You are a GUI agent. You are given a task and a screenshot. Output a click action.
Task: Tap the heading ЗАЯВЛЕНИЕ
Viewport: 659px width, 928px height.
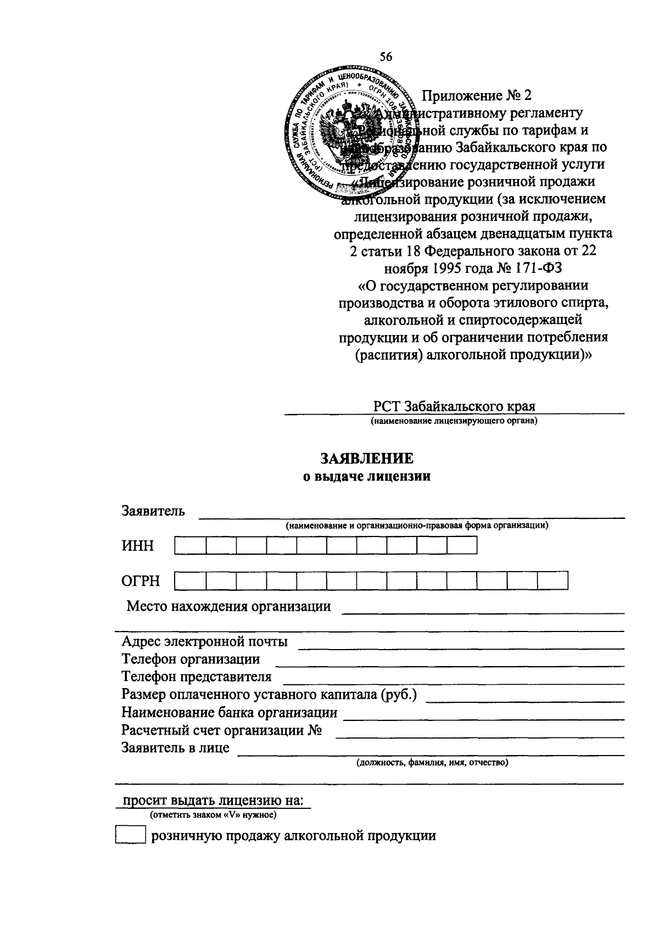tap(367, 459)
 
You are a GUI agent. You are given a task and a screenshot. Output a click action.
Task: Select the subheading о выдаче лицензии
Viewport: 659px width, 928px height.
tap(367, 477)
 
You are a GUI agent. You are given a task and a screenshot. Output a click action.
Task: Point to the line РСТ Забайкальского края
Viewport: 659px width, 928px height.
tap(454, 406)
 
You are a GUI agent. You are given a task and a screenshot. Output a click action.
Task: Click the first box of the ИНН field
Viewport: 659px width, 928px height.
tap(190, 545)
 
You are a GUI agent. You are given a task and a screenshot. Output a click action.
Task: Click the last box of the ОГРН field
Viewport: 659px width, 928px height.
tap(552, 581)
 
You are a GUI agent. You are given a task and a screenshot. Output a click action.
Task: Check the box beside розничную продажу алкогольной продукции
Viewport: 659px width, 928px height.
tap(130, 836)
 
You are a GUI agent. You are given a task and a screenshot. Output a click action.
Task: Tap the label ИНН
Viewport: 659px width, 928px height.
tap(138, 546)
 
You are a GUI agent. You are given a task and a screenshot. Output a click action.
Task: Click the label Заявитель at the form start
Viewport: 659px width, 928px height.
tap(153, 511)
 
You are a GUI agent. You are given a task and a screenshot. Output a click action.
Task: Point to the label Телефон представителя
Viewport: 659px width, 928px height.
tap(196, 677)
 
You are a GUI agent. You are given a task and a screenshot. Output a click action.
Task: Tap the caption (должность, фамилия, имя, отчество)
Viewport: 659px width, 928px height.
tap(431, 763)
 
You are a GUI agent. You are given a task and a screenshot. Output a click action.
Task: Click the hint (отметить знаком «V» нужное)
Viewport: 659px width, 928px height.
tap(214, 814)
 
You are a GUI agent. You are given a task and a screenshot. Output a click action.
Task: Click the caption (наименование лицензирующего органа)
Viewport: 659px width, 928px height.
tap(454, 422)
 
